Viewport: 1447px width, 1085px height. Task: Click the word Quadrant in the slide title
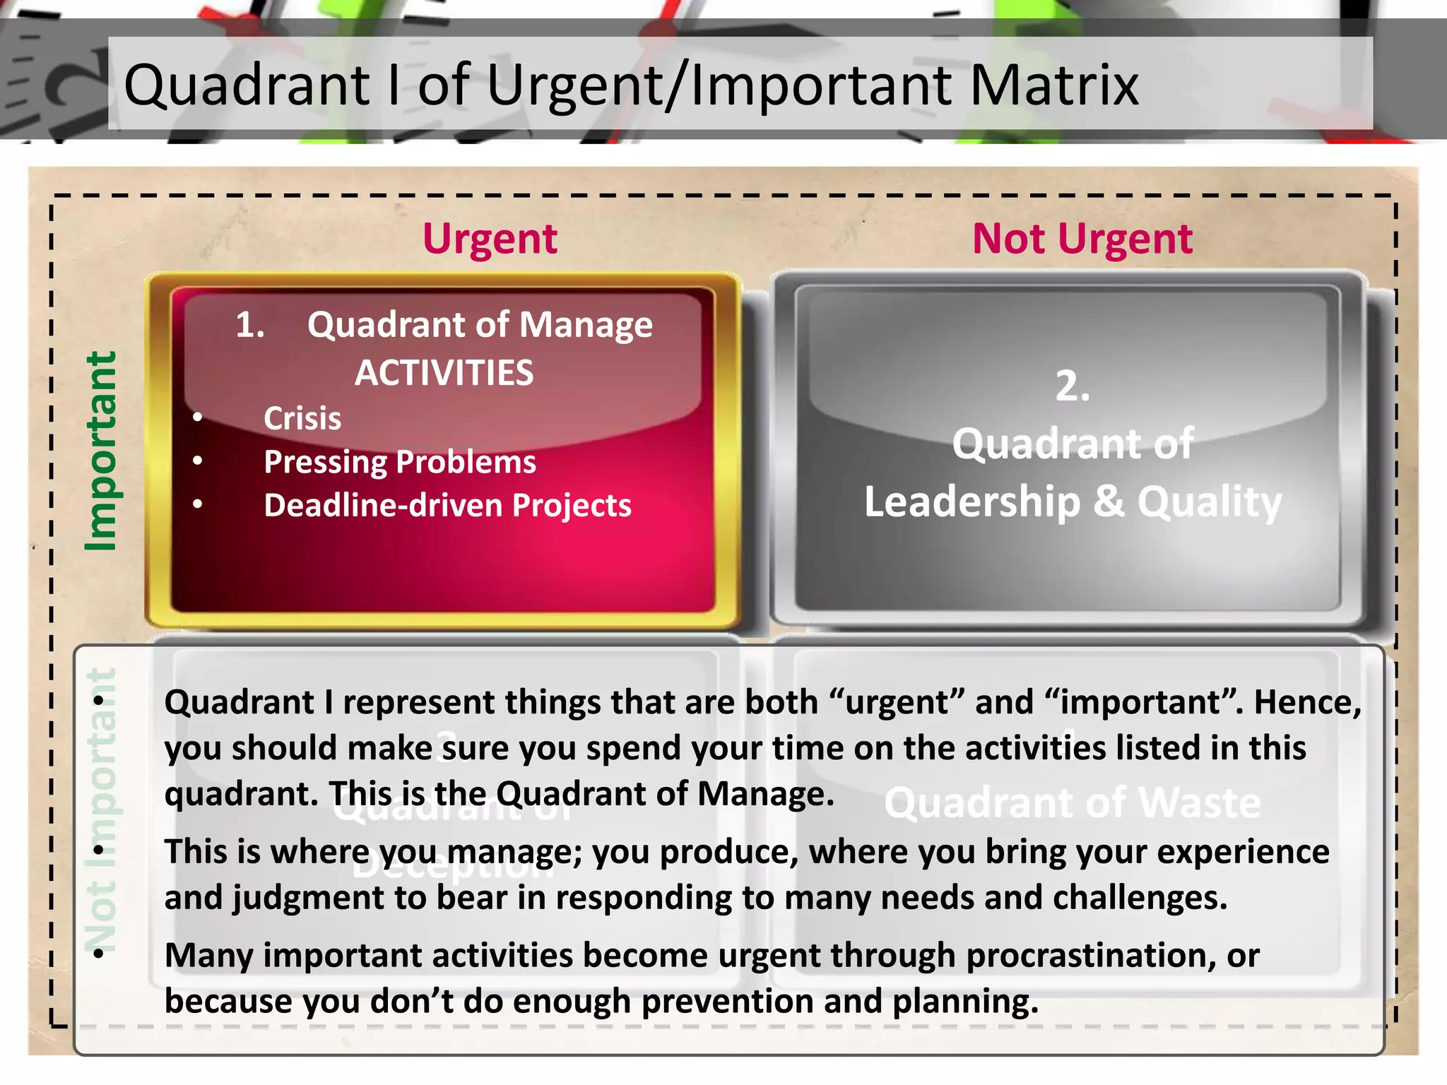247,85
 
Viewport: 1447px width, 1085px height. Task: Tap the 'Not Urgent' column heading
1082,239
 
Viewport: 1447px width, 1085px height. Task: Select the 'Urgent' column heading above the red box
490,239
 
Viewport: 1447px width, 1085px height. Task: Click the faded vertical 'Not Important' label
100,809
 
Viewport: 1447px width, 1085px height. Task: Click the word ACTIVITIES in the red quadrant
444,372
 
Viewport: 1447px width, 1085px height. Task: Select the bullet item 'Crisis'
302,418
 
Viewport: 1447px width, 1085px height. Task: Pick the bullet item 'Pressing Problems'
399,462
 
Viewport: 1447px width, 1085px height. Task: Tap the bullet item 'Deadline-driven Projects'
447,506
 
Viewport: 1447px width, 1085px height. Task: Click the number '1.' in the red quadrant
250,325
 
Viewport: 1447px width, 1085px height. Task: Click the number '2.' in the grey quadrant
1072,386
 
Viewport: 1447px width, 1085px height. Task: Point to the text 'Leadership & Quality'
1072,502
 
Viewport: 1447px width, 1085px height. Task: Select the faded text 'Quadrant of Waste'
1072,803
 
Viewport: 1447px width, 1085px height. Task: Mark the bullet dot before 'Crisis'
198,417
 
